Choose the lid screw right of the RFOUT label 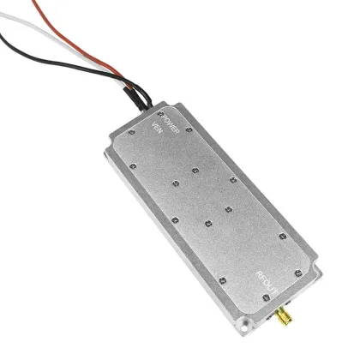tap(297, 274)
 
